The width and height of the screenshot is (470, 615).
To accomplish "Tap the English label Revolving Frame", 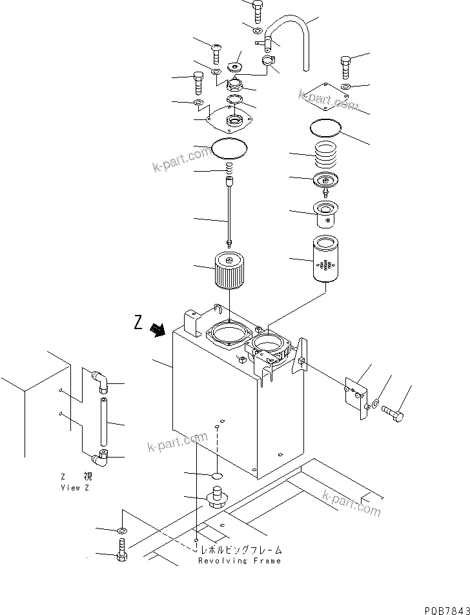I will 240,561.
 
